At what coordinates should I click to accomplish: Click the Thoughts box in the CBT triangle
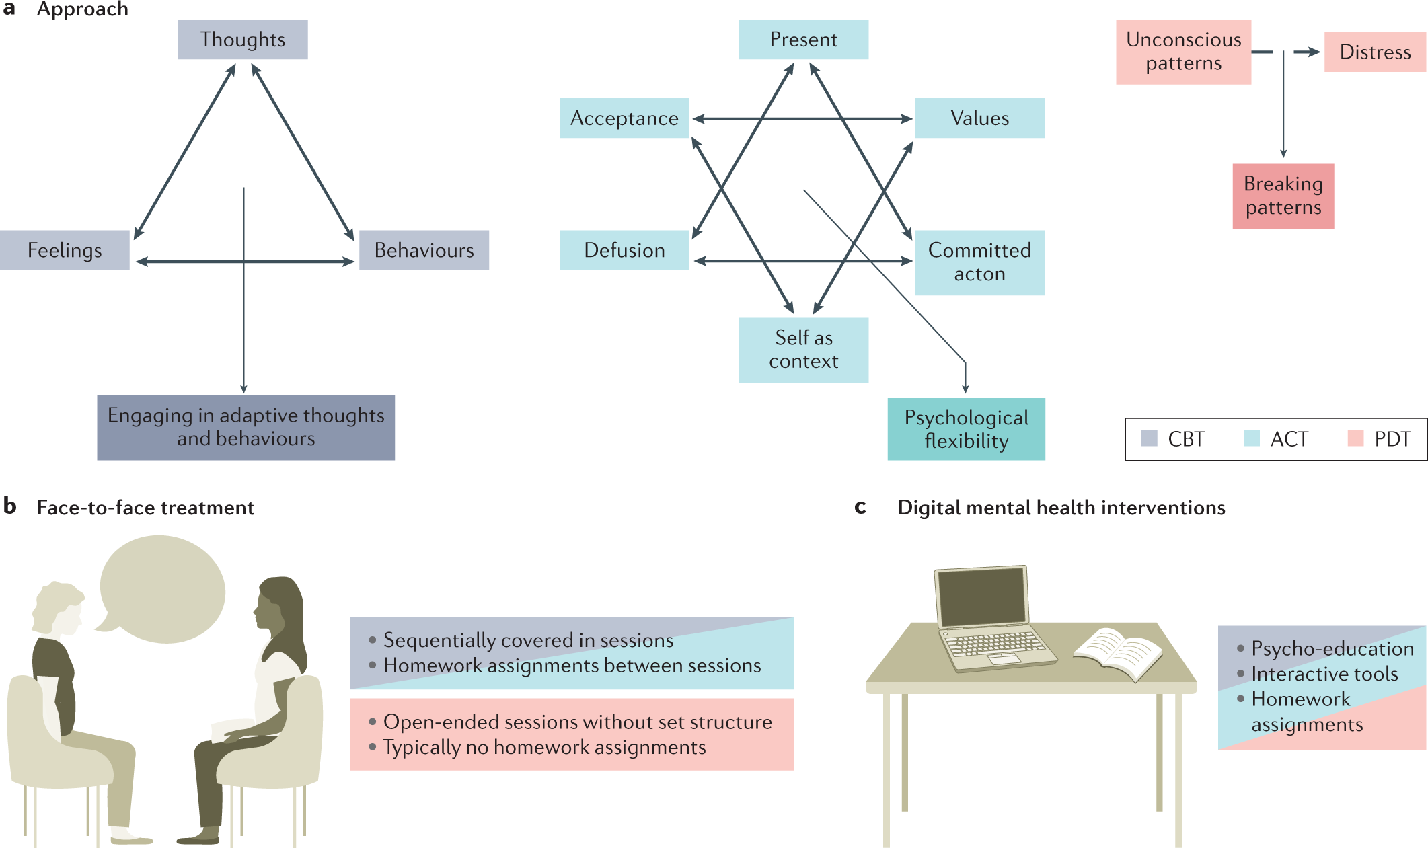[243, 40]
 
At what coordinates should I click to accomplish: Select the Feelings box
[65, 250]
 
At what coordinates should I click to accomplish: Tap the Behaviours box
[424, 250]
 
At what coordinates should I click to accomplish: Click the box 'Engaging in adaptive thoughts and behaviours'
[246, 427]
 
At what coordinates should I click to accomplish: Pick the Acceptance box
[624, 118]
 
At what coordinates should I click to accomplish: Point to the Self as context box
[803, 350]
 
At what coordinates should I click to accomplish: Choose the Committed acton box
[979, 262]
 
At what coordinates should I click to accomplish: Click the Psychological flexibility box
[966, 429]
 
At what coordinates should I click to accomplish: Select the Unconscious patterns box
[1183, 52]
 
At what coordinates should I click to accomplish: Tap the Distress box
[1374, 52]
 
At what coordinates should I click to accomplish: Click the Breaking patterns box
[1283, 196]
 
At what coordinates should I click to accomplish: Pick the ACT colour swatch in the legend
[1251, 438]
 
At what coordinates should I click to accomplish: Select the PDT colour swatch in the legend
[1355, 438]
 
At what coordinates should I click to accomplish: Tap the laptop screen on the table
[983, 596]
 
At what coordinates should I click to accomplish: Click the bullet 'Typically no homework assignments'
[544, 747]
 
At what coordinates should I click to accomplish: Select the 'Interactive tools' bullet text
[1324, 674]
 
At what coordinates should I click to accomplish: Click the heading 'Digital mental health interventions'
[1061, 508]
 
